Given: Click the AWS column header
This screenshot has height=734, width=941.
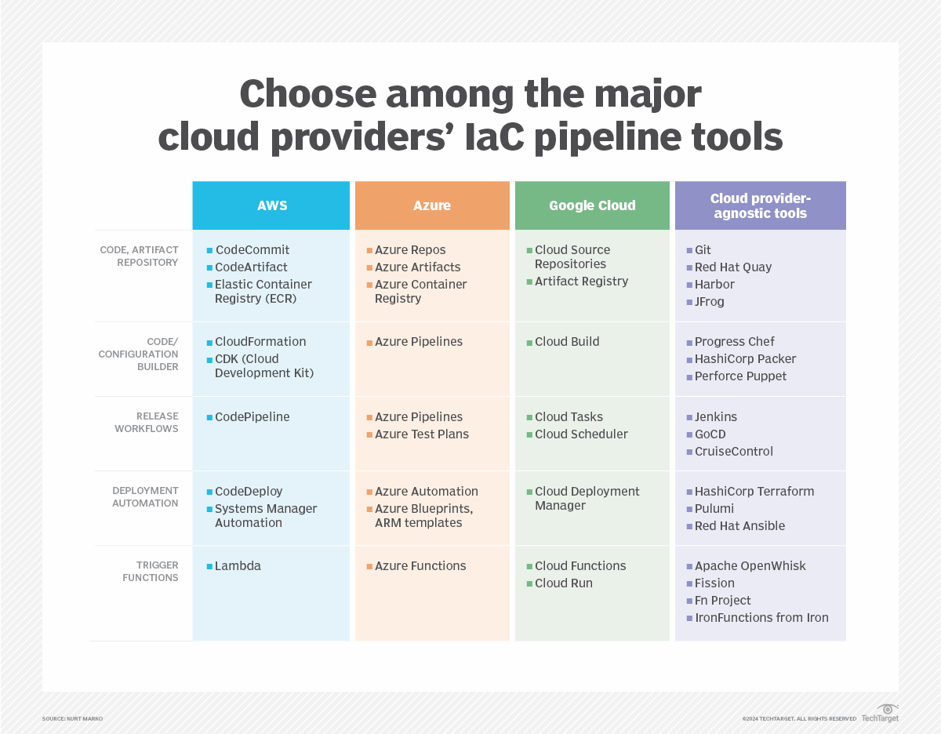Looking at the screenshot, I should [271, 205].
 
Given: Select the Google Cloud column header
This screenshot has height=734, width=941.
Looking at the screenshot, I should [592, 205].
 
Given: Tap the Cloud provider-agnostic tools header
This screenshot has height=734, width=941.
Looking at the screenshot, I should [760, 205].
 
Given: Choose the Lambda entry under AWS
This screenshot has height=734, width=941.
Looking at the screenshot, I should [238, 565].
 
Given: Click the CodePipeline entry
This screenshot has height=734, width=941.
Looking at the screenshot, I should [252, 416].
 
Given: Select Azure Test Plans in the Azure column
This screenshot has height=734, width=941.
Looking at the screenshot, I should [421, 434].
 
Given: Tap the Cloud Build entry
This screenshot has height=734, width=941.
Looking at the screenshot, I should [567, 341].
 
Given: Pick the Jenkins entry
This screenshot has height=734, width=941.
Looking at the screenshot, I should [715, 416].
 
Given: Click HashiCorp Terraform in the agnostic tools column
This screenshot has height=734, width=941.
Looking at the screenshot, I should [754, 491].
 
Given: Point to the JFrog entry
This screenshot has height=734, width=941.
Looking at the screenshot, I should [709, 301].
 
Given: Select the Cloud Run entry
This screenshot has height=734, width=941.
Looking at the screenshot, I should [563, 583].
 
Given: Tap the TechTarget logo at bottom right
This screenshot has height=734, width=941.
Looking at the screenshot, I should [880, 714].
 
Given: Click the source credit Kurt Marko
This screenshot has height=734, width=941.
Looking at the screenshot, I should [72, 718].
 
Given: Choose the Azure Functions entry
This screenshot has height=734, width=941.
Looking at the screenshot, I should [420, 565].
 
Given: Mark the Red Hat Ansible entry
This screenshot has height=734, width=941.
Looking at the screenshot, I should [739, 525].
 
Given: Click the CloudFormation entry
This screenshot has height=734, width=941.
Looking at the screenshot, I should [260, 341].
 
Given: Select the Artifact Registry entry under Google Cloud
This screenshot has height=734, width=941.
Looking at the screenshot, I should [581, 281].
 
